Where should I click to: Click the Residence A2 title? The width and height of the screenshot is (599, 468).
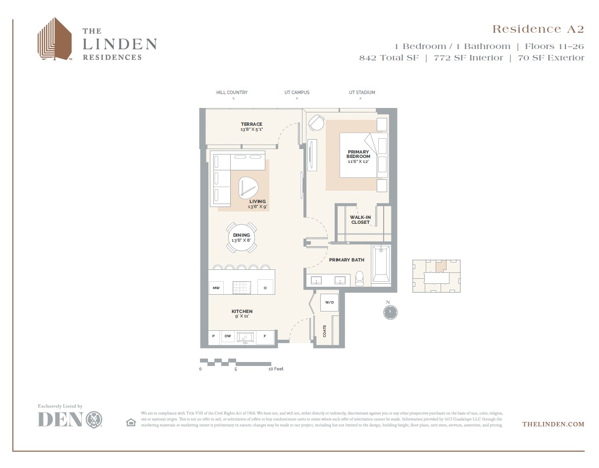click(x=538, y=29)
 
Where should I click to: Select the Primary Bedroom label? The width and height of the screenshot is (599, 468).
click(x=358, y=154)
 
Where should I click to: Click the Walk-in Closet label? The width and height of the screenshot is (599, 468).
click(x=360, y=220)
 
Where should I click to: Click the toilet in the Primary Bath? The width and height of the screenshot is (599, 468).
click(x=360, y=279)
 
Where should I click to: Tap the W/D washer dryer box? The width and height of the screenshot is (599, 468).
click(x=329, y=302)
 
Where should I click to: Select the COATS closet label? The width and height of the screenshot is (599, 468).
click(x=325, y=331)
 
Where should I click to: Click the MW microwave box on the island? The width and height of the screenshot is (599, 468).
click(x=216, y=288)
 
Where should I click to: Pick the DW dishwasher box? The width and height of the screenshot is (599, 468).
click(x=228, y=336)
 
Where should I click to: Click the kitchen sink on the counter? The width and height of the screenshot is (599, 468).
click(x=246, y=337)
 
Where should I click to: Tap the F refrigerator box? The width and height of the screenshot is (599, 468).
click(x=265, y=336)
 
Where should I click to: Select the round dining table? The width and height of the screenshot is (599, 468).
click(x=242, y=238)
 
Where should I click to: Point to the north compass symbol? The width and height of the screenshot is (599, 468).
click(x=390, y=312)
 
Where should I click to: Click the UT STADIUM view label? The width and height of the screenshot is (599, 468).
click(x=362, y=93)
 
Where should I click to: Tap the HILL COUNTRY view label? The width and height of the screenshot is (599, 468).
click(x=232, y=93)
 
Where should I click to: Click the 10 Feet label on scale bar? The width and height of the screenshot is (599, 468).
click(x=276, y=369)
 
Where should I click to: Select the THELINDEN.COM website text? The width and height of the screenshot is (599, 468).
click(x=553, y=424)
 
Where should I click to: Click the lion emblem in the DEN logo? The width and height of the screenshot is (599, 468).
click(x=94, y=419)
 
